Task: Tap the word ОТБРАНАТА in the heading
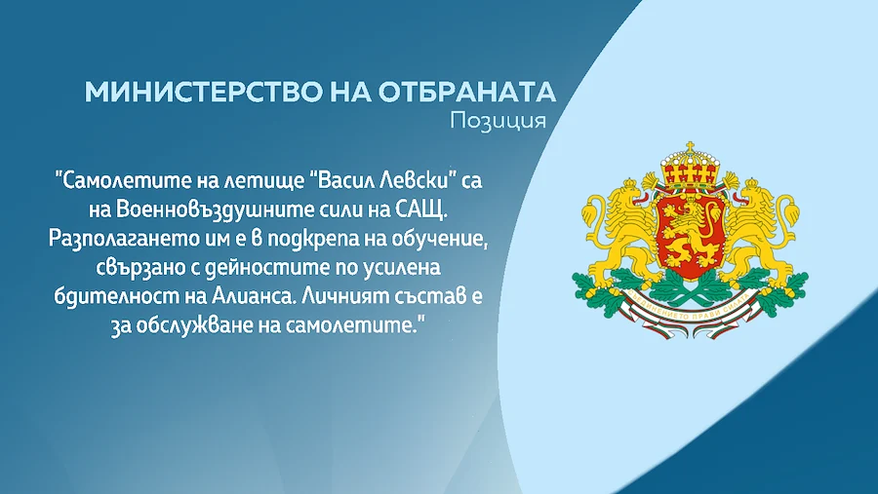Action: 467,92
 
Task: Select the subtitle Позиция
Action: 498,121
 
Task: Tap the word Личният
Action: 339,296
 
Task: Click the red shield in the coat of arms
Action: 690,235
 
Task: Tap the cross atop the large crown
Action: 690,147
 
